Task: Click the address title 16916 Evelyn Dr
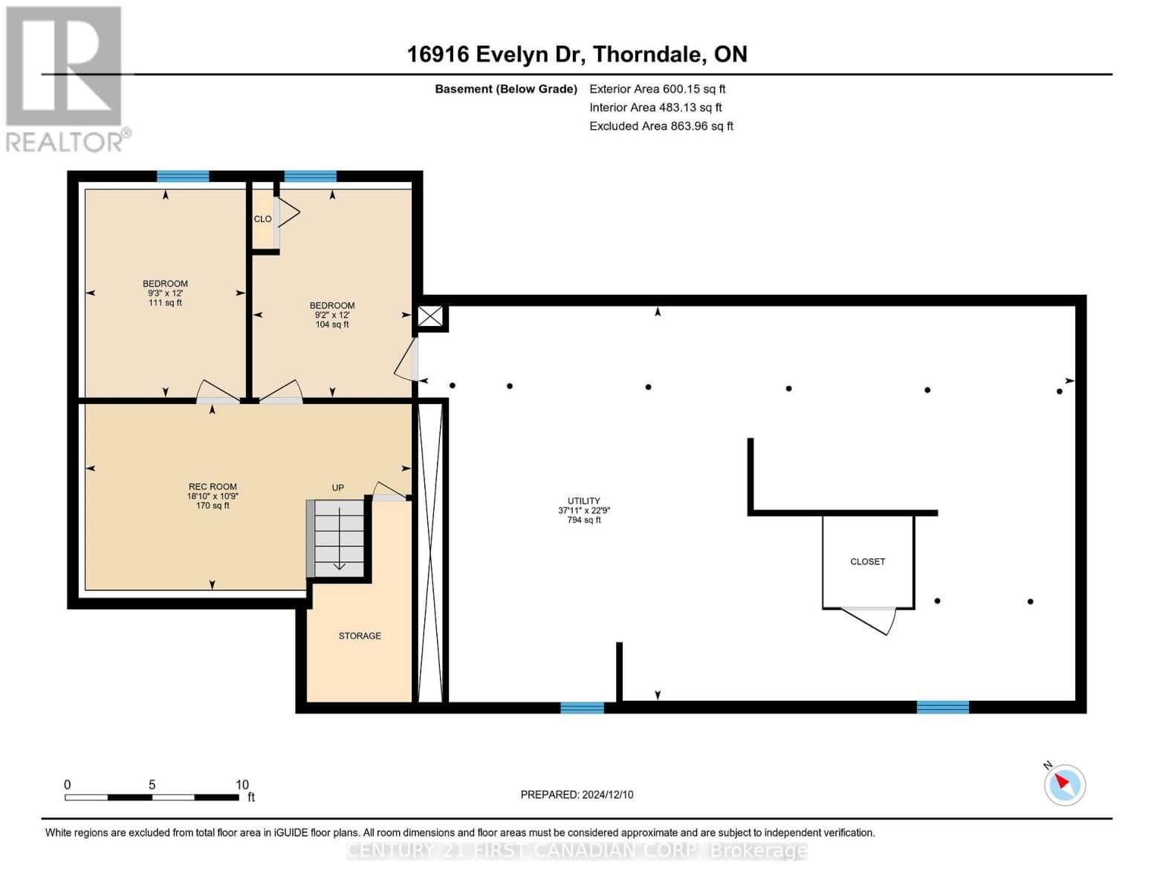(x=577, y=54)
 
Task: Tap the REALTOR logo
(x=65, y=78)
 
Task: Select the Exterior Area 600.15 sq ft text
(x=657, y=89)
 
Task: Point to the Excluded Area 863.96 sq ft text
(x=661, y=126)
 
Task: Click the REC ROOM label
(x=213, y=487)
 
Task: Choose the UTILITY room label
(x=583, y=501)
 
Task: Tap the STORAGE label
(x=360, y=636)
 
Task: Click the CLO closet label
(x=262, y=219)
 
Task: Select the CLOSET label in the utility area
(x=867, y=562)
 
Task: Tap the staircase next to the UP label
(x=339, y=538)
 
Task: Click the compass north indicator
(x=1064, y=784)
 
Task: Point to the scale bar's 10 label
(x=242, y=785)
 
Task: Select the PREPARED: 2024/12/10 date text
(x=577, y=794)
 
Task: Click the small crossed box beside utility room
(x=429, y=316)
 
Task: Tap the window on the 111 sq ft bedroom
(x=183, y=177)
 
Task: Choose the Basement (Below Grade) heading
(x=505, y=89)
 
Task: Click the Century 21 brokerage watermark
(x=577, y=850)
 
